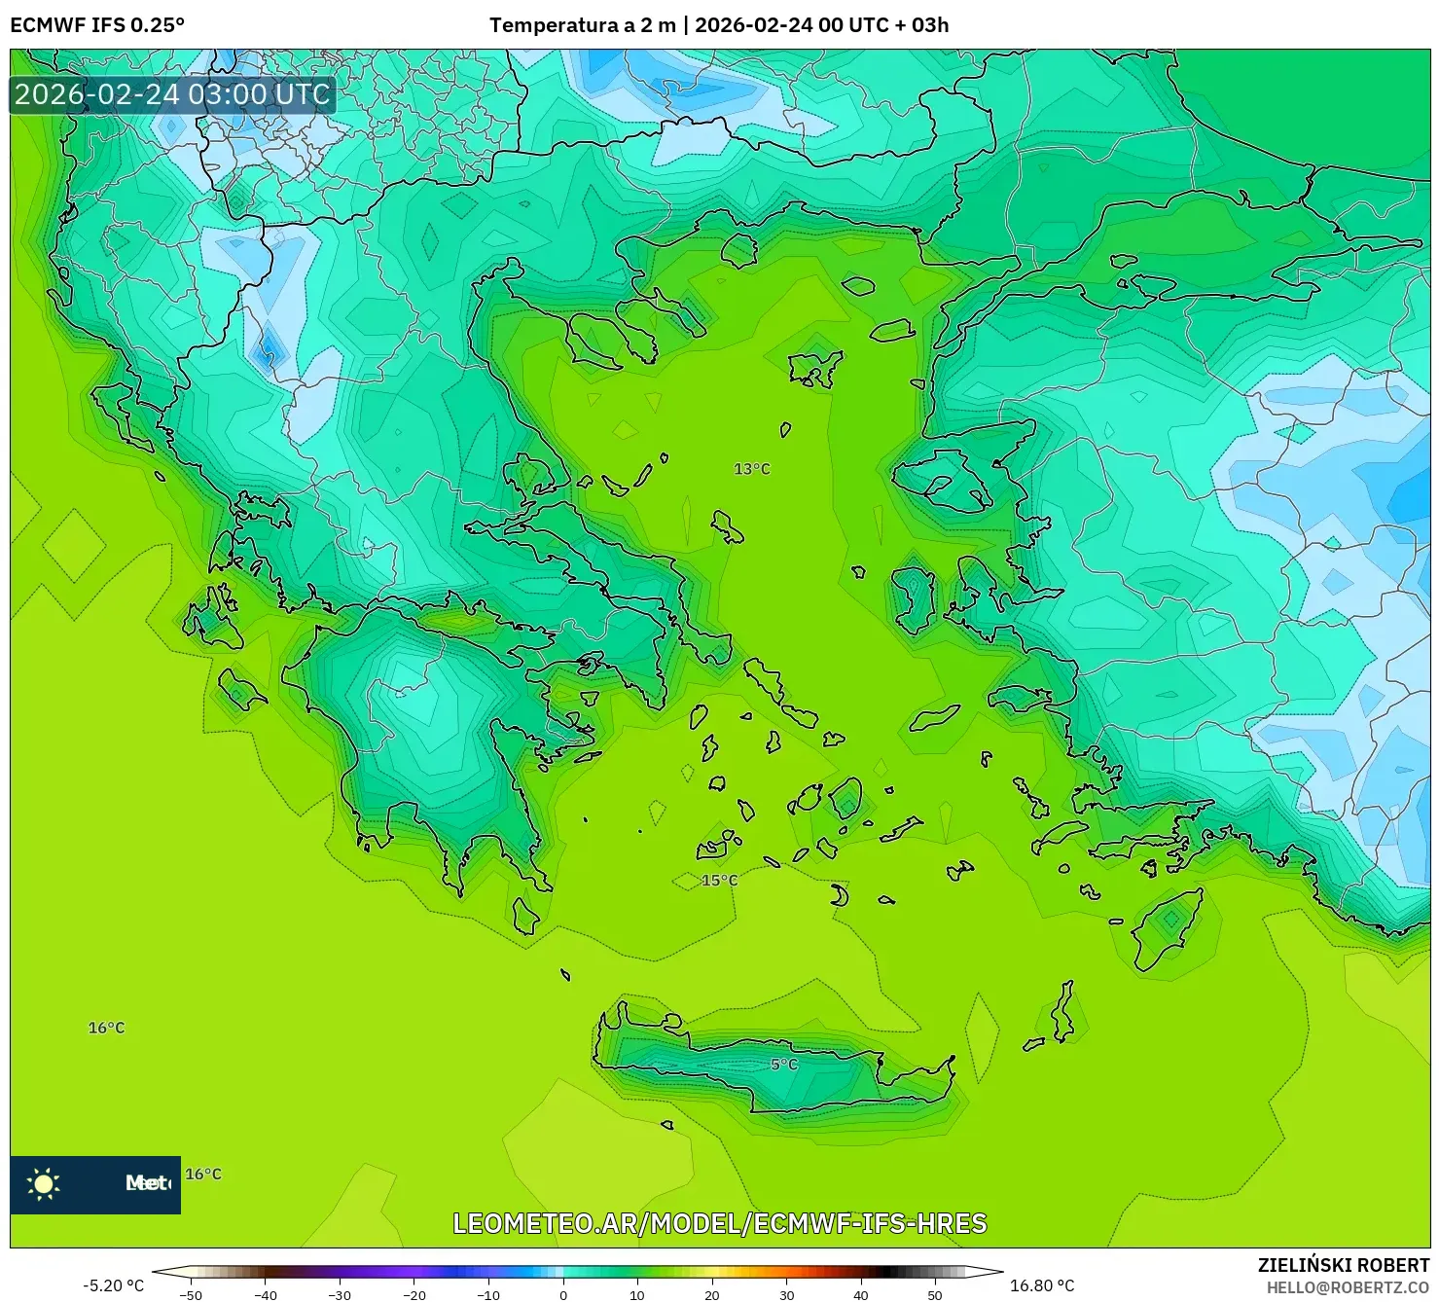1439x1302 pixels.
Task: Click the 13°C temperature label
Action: [x=751, y=469]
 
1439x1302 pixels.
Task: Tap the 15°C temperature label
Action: [x=719, y=881]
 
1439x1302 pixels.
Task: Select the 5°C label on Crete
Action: [x=783, y=1065]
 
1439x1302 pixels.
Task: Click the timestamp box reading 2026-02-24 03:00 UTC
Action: [x=172, y=94]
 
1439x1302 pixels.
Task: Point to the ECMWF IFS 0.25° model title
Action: [x=97, y=25]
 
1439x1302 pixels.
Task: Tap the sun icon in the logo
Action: [x=44, y=1183]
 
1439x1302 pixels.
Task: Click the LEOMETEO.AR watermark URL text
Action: [x=719, y=1223]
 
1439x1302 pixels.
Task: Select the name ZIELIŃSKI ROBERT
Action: [x=1343, y=1266]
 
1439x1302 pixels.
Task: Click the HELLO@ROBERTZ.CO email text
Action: [x=1348, y=1287]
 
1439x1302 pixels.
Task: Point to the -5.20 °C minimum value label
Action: [x=113, y=1285]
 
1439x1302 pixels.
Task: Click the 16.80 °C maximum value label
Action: [x=1042, y=1285]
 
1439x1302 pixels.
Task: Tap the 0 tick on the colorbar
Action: [x=563, y=1294]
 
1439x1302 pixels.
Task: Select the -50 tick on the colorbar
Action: [x=191, y=1294]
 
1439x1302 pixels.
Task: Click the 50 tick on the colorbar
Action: [x=935, y=1294]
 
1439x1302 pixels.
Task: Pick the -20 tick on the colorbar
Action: [x=414, y=1294]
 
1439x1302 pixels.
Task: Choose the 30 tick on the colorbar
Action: [x=786, y=1294]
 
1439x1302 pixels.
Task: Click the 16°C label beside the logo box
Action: [x=203, y=1175]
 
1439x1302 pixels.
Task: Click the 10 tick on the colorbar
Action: [x=637, y=1294]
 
